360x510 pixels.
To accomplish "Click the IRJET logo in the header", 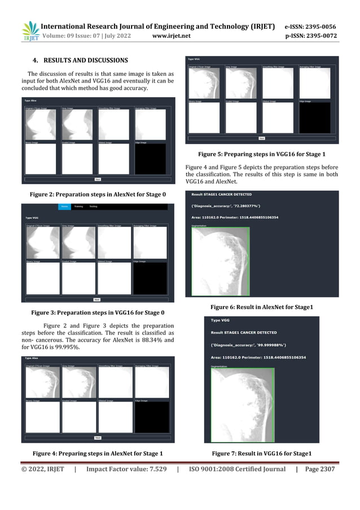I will [x=30, y=32].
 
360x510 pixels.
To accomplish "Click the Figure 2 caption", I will [x=98, y=194].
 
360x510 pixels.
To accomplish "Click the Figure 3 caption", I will [x=98, y=312].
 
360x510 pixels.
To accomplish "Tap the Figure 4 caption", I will [x=98, y=454].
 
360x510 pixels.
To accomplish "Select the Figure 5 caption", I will [x=261, y=154].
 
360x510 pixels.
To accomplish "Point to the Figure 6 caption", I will [x=261, y=306].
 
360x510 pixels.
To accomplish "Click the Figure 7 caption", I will [x=261, y=454].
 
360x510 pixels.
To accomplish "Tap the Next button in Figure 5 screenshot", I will [x=262, y=138].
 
